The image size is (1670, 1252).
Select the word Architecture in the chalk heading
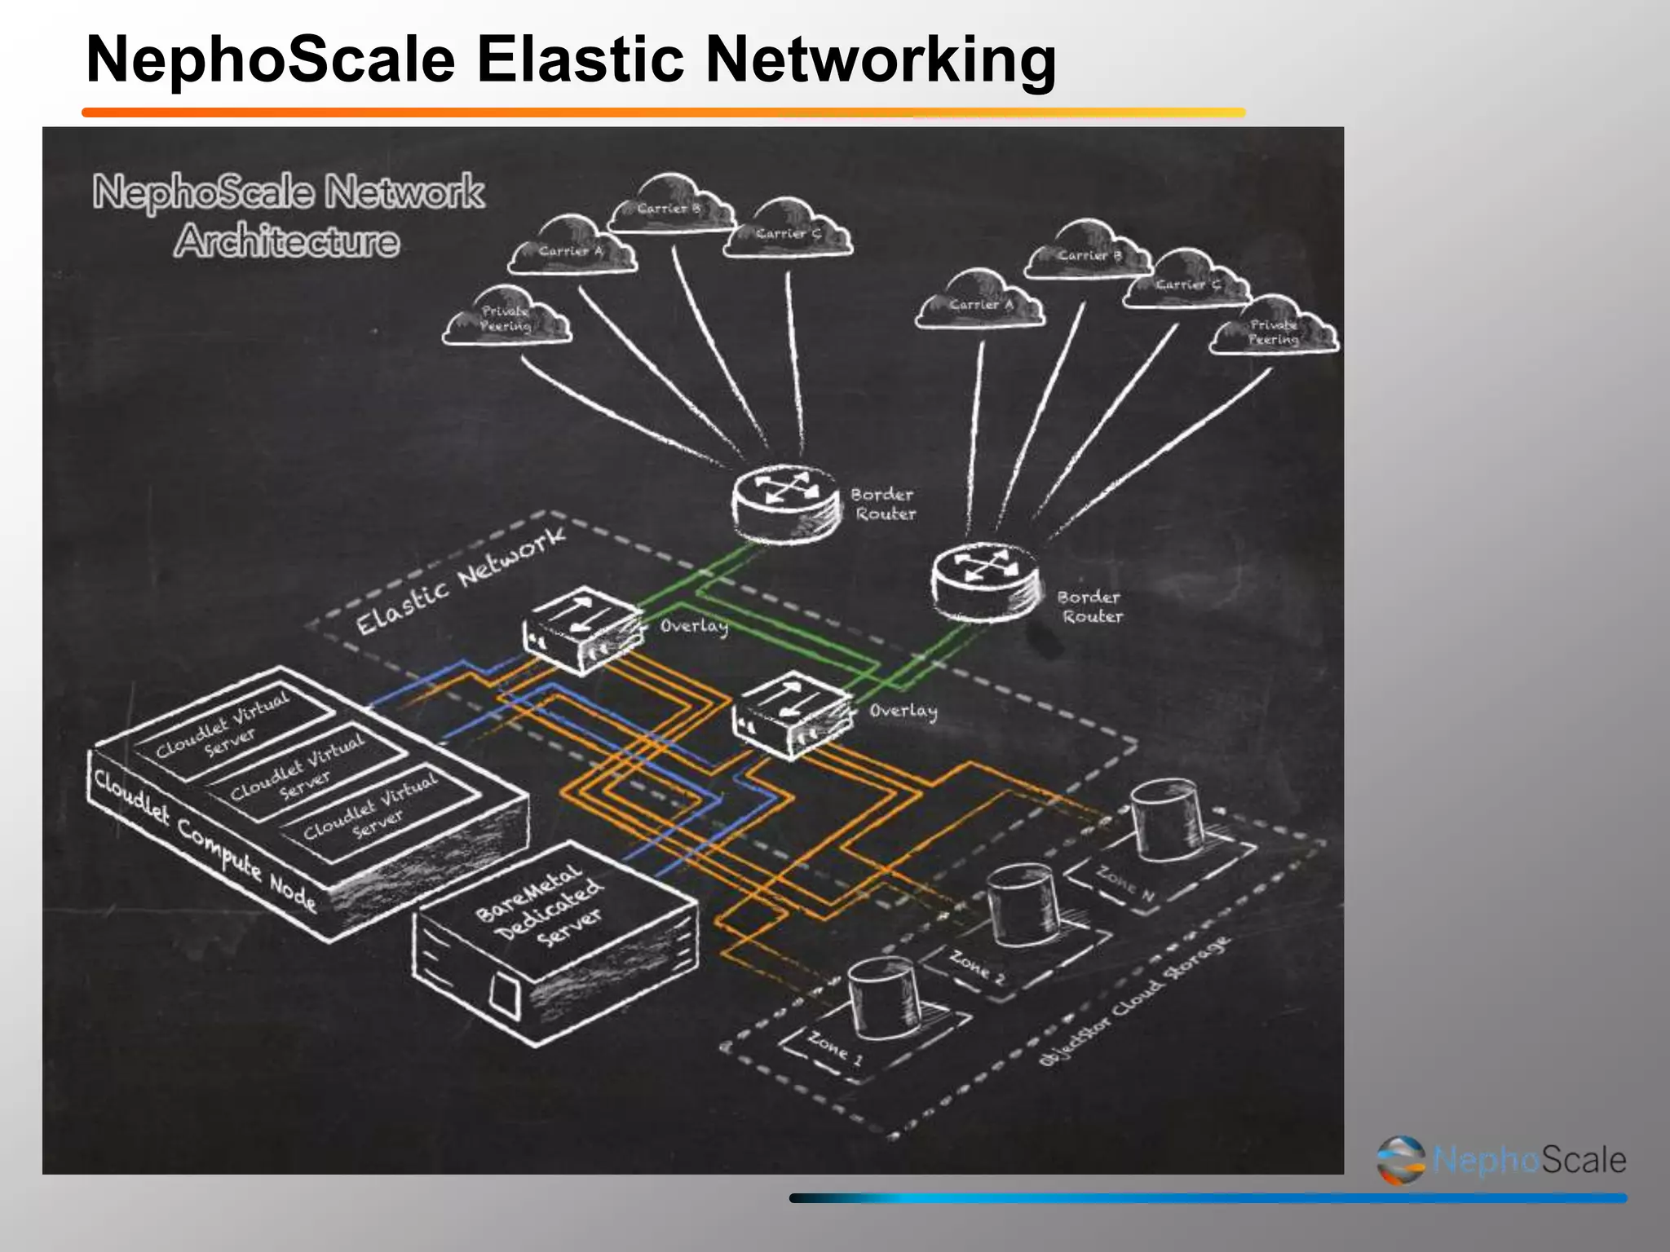coord(286,241)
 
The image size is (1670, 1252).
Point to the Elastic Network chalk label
coord(461,580)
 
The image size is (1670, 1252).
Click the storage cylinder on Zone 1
coord(884,996)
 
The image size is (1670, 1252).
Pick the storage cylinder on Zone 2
coord(1023,905)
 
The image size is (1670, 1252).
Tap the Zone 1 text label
coord(834,1047)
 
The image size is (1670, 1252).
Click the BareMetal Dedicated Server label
coord(541,907)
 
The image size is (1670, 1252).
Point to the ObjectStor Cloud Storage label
coord(1133,1003)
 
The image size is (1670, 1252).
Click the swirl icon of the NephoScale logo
coord(1401,1159)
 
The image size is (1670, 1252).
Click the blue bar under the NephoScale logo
coord(1207,1198)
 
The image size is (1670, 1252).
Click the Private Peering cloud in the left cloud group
coord(506,319)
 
